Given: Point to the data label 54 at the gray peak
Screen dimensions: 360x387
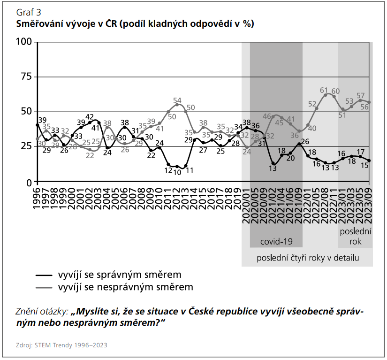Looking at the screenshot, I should click(x=177, y=100).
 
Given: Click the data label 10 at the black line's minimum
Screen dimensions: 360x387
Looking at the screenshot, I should click(x=177, y=172).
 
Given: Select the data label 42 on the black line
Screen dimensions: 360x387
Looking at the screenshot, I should click(x=90, y=117).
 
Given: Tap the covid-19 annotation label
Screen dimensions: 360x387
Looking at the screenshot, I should click(x=276, y=242).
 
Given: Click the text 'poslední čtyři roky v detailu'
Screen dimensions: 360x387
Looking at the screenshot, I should click(x=308, y=258).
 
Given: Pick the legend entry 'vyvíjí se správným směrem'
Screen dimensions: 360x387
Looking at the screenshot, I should click(x=119, y=275).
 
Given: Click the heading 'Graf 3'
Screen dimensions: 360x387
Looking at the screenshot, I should click(x=28, y=13).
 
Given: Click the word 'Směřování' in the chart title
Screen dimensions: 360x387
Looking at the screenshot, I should click(x=40, y=23).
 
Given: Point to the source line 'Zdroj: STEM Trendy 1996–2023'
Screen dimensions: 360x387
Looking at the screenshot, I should click(x=61, y=345).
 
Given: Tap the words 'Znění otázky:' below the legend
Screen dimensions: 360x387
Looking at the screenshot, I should click(x=42, y=312).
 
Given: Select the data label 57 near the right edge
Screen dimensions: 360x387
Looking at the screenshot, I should click(x=361, y=95).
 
